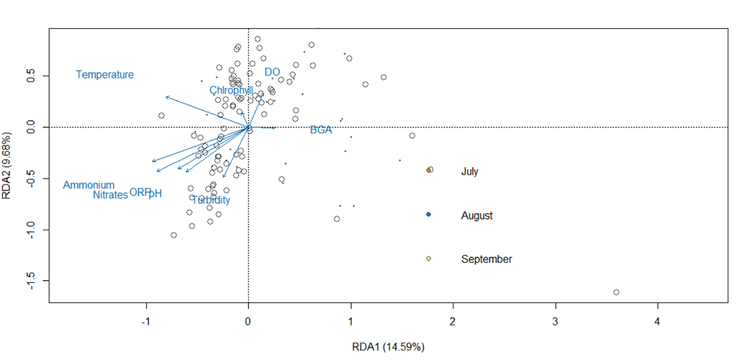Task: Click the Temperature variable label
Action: (x=105, y=75)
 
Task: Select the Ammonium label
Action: (x=89, y=186)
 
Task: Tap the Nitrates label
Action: (x=110, y=195)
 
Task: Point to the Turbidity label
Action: (x=211, y=200)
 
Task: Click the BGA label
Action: (x=321, y=130)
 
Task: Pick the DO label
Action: (x=272, y=72)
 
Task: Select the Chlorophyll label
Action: (x=231, y=91)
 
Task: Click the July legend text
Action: (x=470, y=172)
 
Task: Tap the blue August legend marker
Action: (x=428, y=215)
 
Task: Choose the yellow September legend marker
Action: (x=428, y=258)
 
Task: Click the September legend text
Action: (x=487, y=259)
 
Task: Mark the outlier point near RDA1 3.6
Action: (x=616, y=292)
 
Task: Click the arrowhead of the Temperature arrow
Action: (x=166, y=96)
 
